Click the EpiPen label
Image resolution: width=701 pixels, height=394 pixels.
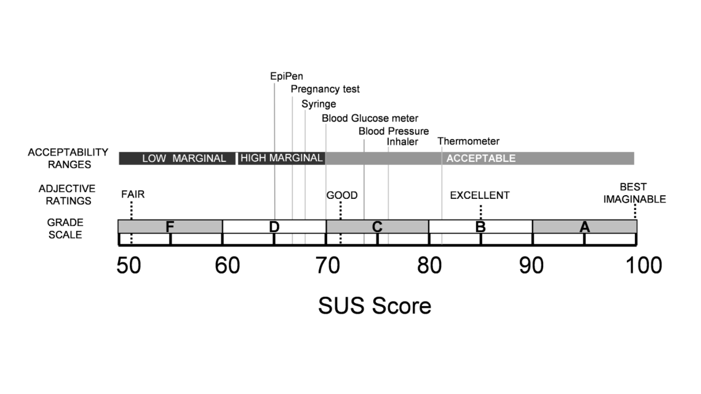pyautogui.click(x=286, y=76)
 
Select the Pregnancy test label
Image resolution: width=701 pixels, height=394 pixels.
pyautogui.click(x=325, y=89)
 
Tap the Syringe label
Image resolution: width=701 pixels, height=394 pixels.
pyautogui.click(x=318, y=104)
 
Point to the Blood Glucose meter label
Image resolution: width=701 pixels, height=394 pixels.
pyautogui.click(x=370, y=118)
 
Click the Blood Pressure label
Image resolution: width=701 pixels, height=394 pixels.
pyautogui.click(x=393, y=131)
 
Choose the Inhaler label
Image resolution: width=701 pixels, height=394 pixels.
pyautogui.click(x=402, y=142)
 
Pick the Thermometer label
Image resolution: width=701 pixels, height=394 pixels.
pyautogui.click(x=468, y=141)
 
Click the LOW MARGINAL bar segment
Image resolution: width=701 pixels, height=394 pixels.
pyautogui.click(x=177, y=158)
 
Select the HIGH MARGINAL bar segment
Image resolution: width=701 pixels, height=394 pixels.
pyautogui.click(x=281, y=158)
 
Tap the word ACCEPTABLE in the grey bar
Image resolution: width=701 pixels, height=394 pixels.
pyautogui.click(x=481, y=158)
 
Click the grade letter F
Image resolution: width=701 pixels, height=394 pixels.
pyautogui.click(x=169, y=227)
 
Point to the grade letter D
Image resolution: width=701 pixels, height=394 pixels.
pyautogui.click(x=274, y=227)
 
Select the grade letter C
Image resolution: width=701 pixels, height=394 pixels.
pyautogui.click(x=377, y=227)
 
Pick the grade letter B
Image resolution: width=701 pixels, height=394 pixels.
pyautogui.click(x=480, y=227)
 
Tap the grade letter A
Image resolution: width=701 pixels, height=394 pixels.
pyautogui.click(x=584, y=227)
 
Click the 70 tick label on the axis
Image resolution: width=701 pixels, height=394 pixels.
pyautogui.click(x=328, y=265)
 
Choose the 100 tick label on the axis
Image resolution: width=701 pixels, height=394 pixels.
pyautogui.click(x=644, y=265)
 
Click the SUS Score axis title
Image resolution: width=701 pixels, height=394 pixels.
pyautogui.click(x=374, y=306)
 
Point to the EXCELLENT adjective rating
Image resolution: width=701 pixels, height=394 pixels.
pyautogui.click(x=480, y=195)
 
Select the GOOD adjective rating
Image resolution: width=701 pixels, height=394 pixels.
pyautogui.click(x=341, y=195)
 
